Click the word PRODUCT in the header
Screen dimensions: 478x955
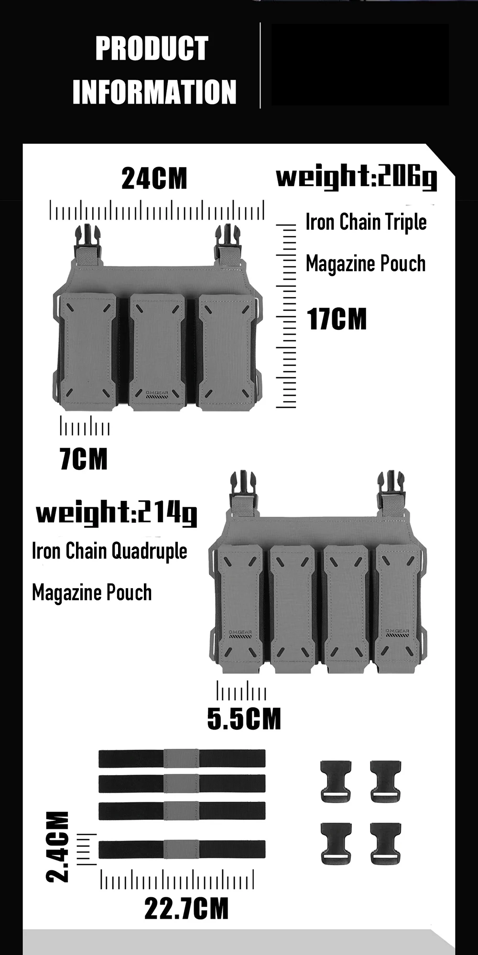(152, 48)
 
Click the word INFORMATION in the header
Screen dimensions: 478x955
(154, 92)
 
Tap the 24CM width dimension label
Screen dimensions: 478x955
(154, 179)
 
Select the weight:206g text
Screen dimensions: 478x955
(357, 178)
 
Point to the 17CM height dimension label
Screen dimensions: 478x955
(337, 319)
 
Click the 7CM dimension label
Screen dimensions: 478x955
(84, 459)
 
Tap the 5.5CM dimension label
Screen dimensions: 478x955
(244, 719)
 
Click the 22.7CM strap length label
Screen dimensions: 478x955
(186, 908)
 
